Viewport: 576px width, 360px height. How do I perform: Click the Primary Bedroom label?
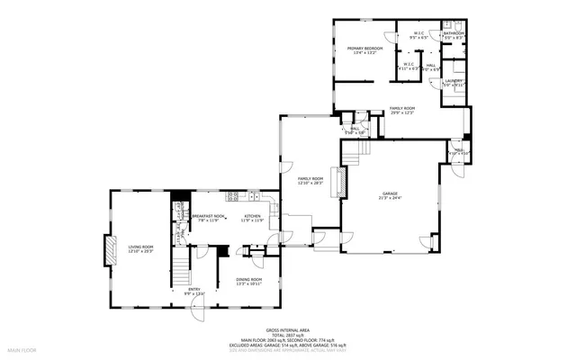point(365,48)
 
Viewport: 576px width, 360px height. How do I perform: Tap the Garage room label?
point(390,193)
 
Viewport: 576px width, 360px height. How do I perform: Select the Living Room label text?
point(140,247)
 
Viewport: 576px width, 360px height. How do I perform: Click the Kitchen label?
point(253,216)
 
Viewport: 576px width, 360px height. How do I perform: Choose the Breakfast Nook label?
point(208,216)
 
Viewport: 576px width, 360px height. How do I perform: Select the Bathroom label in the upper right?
point(447,34)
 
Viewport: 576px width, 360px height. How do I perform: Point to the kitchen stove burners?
point(232,196)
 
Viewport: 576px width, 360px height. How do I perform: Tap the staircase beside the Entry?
point(181,267)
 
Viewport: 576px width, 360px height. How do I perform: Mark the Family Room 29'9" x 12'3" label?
point(401,109)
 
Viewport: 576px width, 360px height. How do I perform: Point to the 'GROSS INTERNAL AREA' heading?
point(287,330)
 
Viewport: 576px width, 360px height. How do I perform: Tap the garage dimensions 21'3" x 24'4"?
point(390,198)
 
